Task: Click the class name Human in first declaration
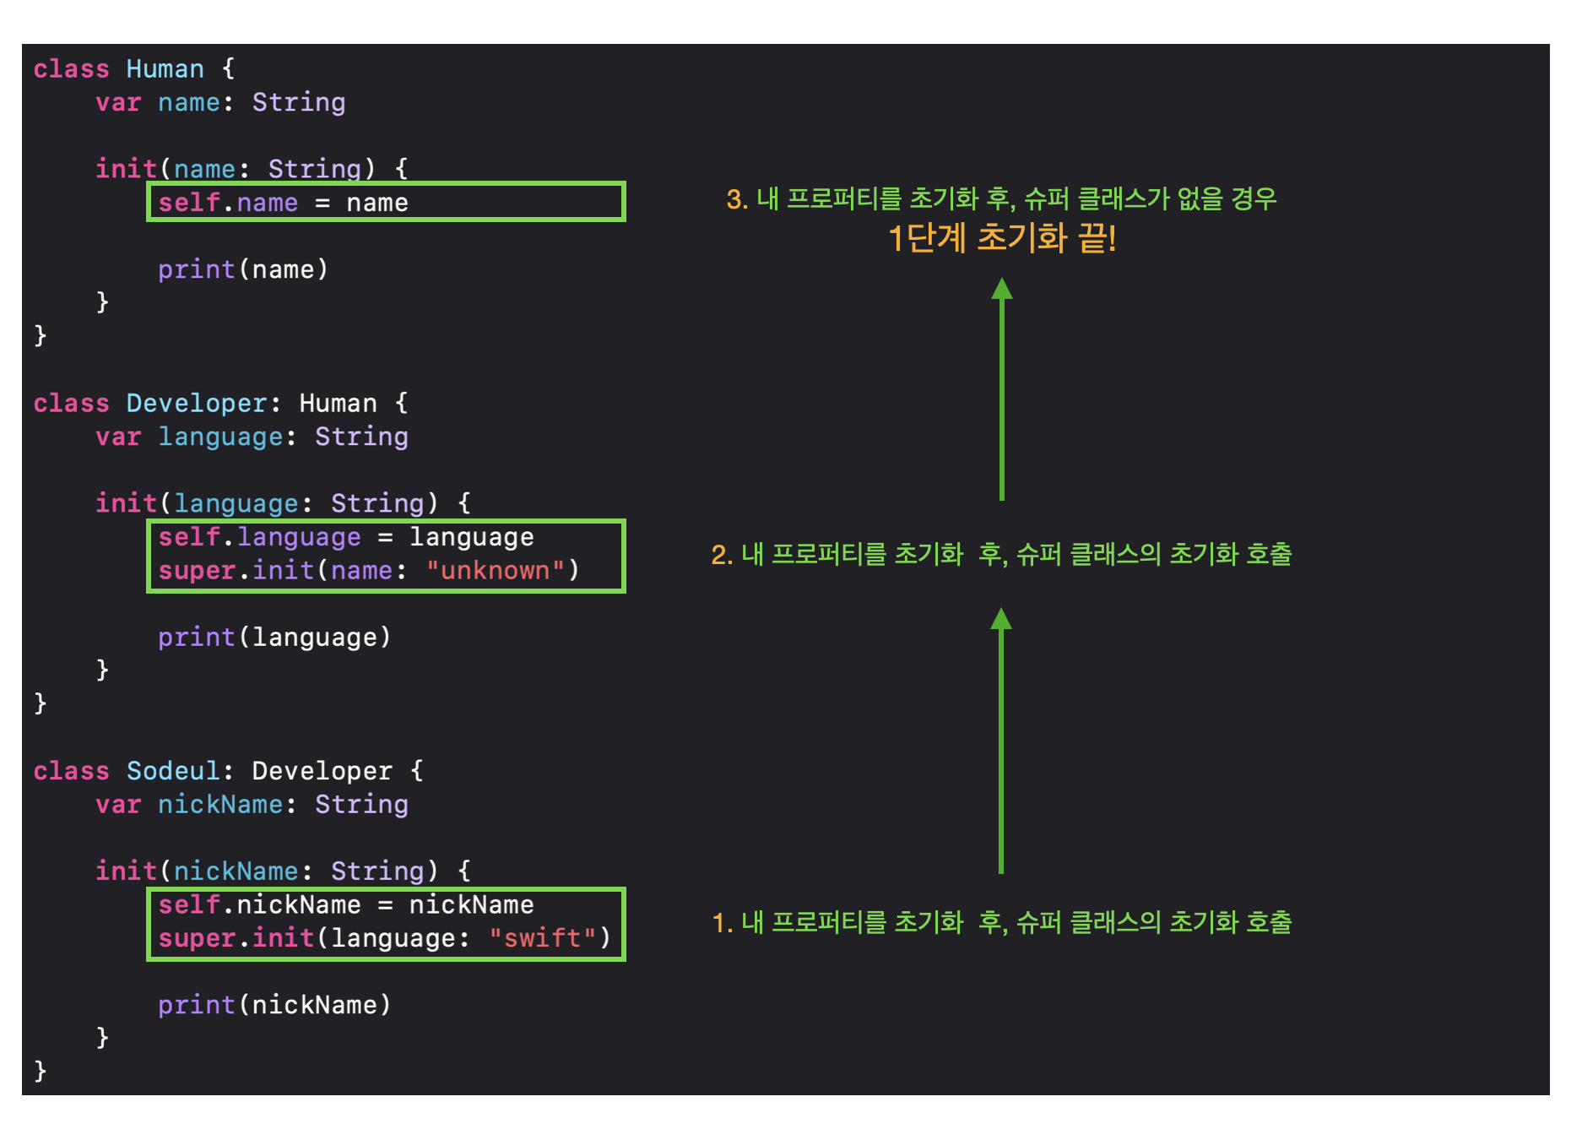tap(165, 68)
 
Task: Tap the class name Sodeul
tap(172, 771)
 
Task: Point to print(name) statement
tap(242, 269)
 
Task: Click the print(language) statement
tap(274, 638)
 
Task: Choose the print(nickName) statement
tap(274, 1005)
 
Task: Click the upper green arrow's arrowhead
tap(1002, 290)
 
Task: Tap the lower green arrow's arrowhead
tap(1001, 620)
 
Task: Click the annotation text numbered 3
tap(1001, 199)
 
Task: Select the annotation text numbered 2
tap(1001, 555)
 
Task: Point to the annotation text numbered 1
tap(1001, 922)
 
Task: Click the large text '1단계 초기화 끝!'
tap(1002, 239)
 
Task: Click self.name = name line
tap(284, 203)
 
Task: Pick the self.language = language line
tap(346, 537)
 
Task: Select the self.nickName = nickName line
tap(346, 905)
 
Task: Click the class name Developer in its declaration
tap(197, 404)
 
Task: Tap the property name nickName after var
tap(220, 805)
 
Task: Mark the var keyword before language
tap(118, 437)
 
